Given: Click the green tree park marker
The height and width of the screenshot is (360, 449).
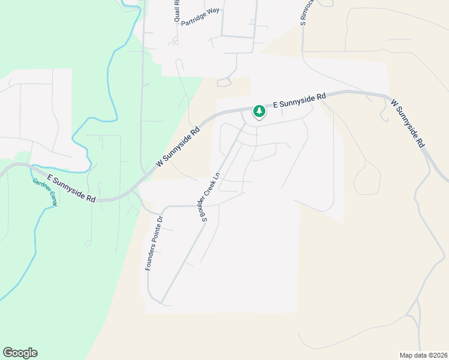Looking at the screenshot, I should [x=259, y=111].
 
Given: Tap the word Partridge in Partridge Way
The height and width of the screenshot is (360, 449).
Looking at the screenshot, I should [x=193, y=25].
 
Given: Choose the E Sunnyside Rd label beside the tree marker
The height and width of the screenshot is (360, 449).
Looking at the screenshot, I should [x=299, y=100].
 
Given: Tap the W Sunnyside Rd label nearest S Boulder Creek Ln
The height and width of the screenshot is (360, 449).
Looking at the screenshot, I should [x=178, y=146].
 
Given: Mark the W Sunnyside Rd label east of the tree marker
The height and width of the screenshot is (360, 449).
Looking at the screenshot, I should [x=408, y=124].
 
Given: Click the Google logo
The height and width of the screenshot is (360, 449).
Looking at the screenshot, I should [x=20, y=353].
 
